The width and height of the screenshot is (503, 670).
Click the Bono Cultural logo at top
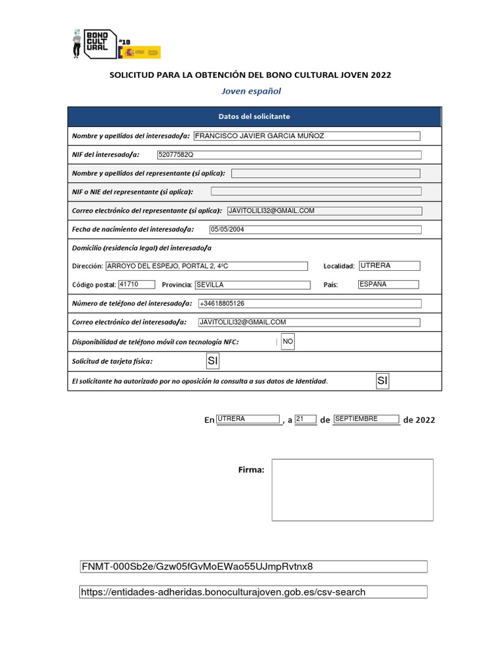[x=96, y=44]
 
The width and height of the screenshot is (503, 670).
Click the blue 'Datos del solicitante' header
[x=254, y=116]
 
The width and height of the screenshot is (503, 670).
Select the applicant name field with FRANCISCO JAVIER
[x=307, y=136]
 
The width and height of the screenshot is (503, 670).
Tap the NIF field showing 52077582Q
[x=288, y=155]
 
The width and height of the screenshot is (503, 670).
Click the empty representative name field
[x=326, y=173]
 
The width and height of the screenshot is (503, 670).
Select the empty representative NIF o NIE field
[x=316, y=192]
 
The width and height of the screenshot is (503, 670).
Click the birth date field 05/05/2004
[x=314, y=230]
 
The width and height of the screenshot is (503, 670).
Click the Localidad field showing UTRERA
[x=389, y=266]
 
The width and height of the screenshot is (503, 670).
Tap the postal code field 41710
[x=136, y=285]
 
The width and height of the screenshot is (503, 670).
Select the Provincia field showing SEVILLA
[x=252, y=285]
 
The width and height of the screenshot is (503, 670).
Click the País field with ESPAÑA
[x=388, y=285]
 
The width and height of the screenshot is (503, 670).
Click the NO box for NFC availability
[x=288, y=342]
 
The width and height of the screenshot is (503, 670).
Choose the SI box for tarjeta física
[x=212, y=361]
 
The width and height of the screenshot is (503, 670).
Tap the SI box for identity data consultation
[x=382, y=381]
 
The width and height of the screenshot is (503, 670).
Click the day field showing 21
[x=305, y=419]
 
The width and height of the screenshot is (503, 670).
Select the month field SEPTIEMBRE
[x=365, y=419]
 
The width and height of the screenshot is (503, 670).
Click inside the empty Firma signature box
[x=352, y=489]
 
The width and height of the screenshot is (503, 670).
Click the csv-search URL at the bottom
[x=253, y=592]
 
